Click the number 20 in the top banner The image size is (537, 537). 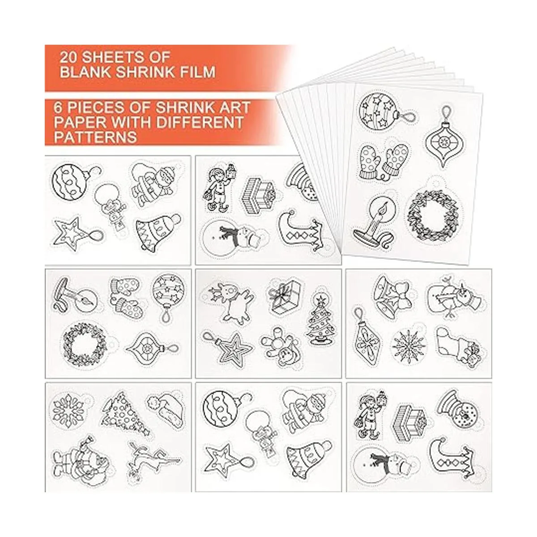pyautogui.click(x=68, y=57)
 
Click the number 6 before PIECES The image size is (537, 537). pyautogui.click(x=58, y=107)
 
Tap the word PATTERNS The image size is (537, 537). pyautogui.click(x=95, y=137)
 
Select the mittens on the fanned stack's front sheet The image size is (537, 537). pyautogui.click(x=384, y=159)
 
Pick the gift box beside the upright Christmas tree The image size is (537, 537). pyautogui.click(x=283, y=297)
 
